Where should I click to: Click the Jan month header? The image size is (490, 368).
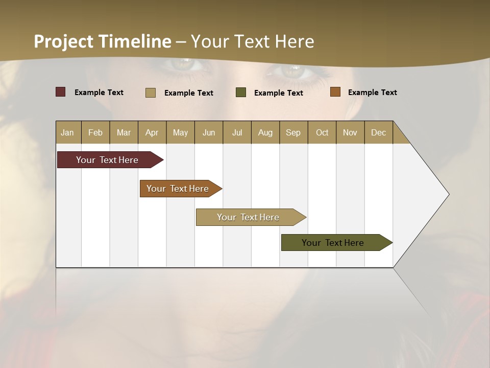click(x=68, y=132)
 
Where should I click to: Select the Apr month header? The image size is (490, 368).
click(x=152, y=132)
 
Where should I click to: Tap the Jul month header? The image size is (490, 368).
click(x=237, y=132)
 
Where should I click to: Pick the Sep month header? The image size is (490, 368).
click(x=293, y=132)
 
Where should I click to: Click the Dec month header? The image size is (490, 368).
click(x=378, y=132)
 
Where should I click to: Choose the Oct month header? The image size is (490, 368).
click(x=322, y=132)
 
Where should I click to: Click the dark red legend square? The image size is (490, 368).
click(x=60, y=92)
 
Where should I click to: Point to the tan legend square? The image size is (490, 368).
click(x=151, y=93)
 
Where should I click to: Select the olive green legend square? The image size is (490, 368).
click(x=241, y=93)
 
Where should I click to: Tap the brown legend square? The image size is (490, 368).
click(x=335, y=92)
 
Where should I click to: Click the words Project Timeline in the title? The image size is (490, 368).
click(x=103, y=41)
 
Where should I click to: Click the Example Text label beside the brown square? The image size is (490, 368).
click(x=372, y=93)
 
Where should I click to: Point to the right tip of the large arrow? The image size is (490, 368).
click(x=448, y=194)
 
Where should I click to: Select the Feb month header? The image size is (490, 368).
click(x=95, y=132)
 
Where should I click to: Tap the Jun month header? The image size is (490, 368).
click(x=209, y=132)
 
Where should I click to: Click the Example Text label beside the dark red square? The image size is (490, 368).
click(x=99, y=93)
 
